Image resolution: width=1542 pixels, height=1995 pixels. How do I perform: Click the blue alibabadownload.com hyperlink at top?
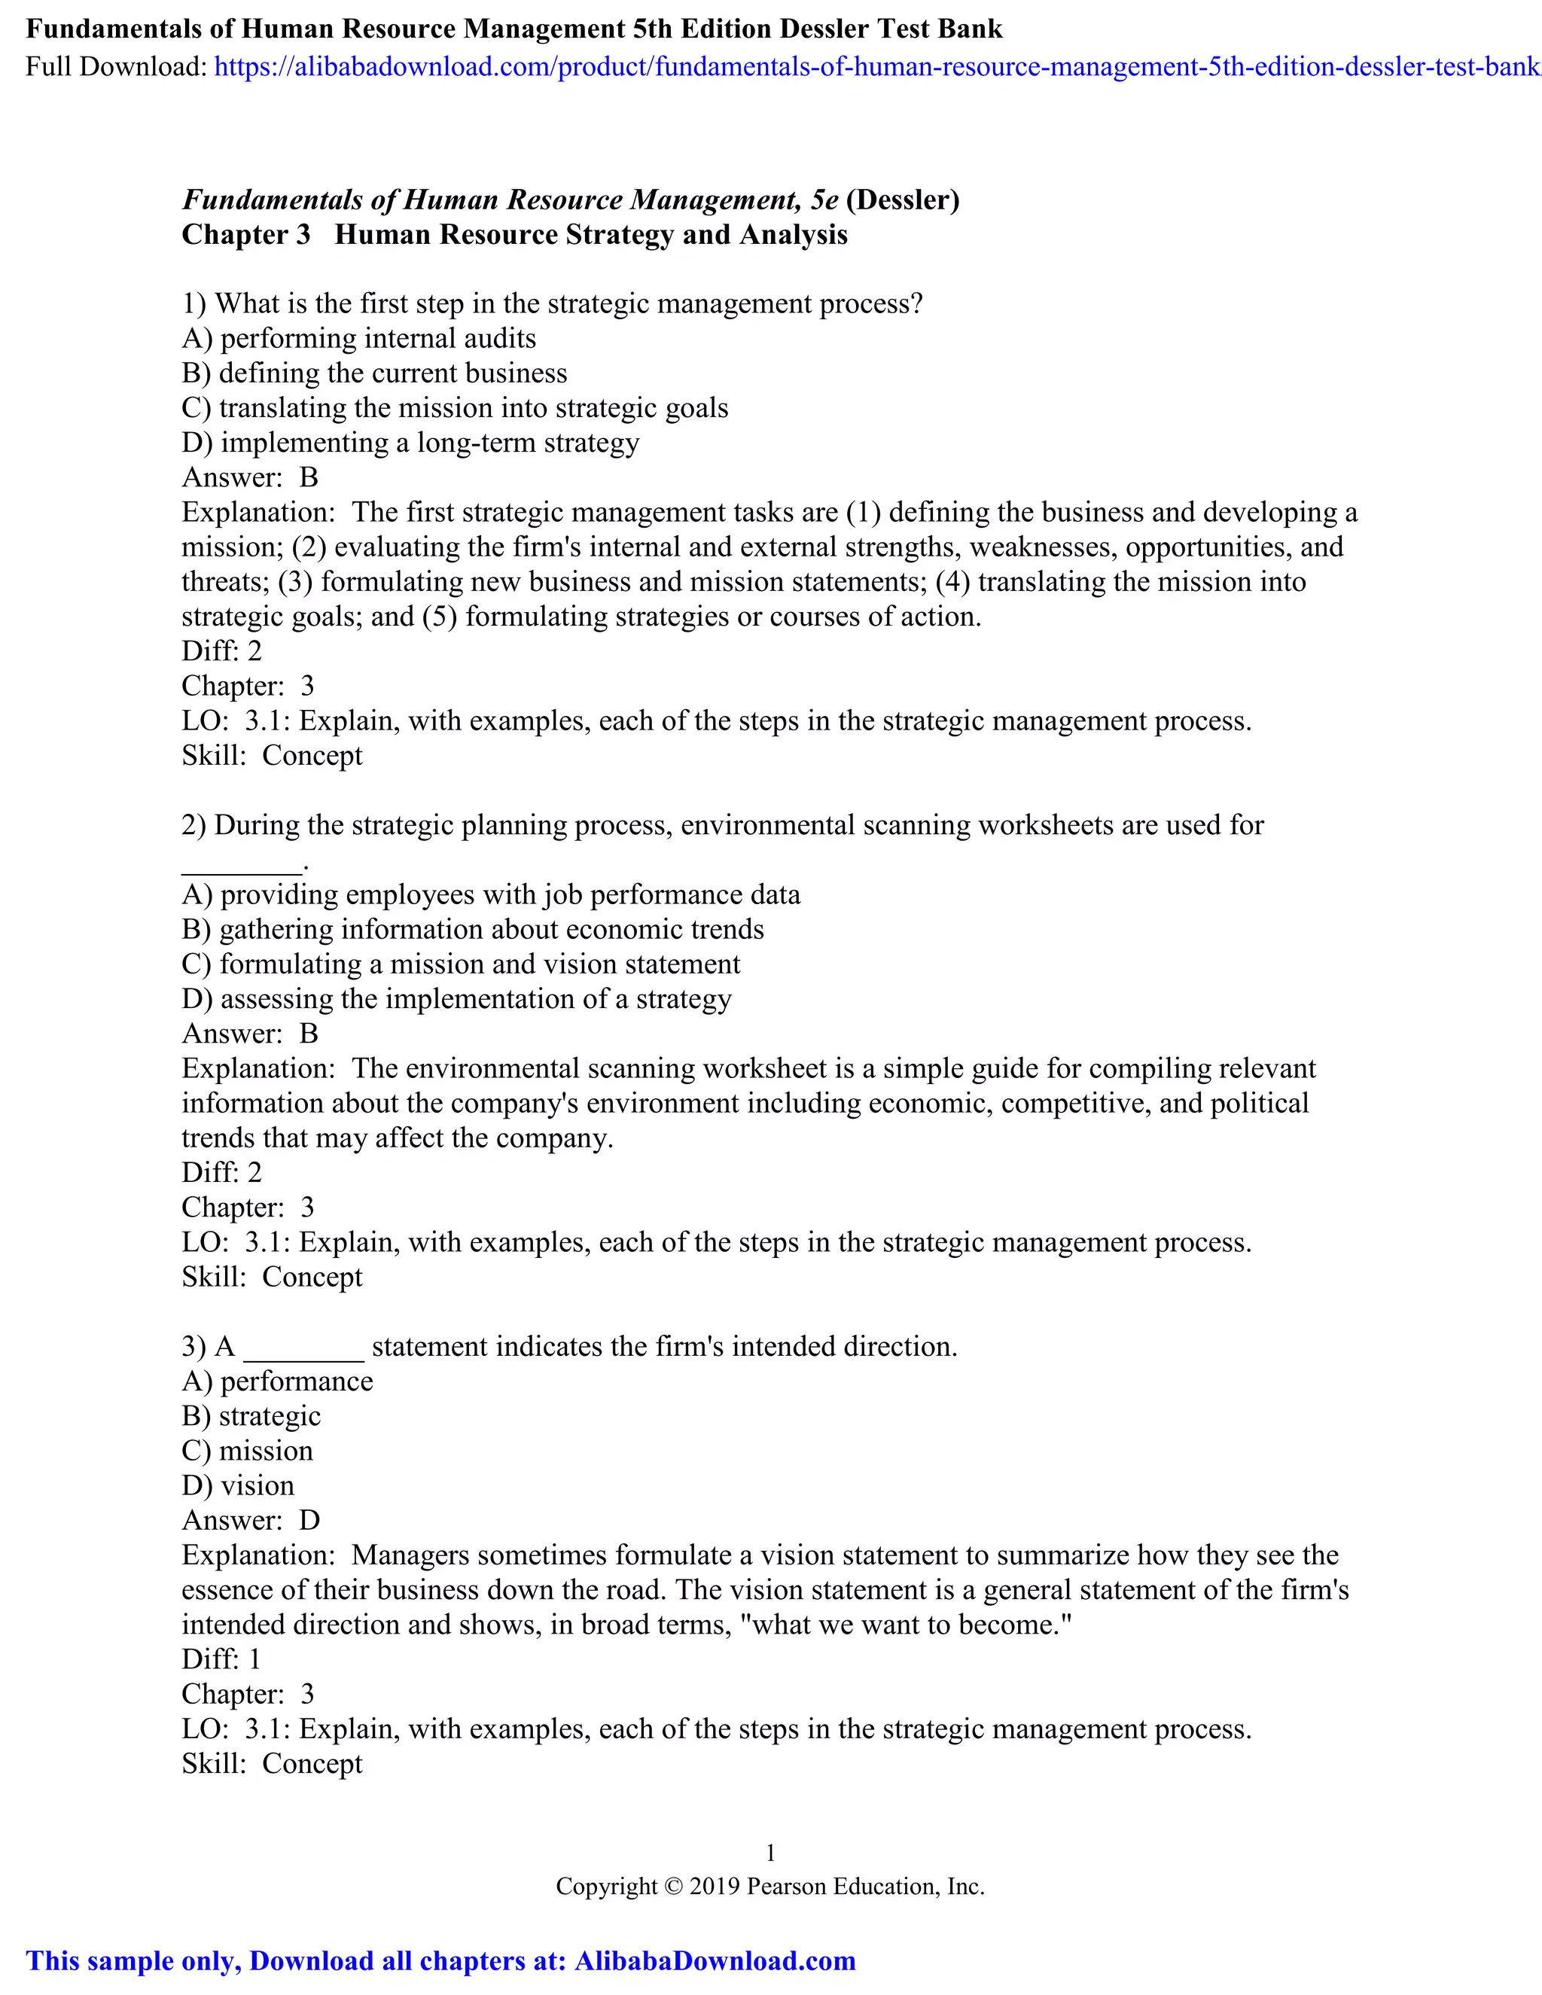click(877, 67)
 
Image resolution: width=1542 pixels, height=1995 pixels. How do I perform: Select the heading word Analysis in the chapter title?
click(793, 235)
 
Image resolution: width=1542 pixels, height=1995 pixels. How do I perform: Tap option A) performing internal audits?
click(359, 339)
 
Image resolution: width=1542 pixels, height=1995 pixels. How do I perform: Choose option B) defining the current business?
click(374, 373)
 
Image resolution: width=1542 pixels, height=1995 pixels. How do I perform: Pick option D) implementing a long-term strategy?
click(410, 443)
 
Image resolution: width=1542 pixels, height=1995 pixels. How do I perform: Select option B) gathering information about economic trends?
click(472, 930)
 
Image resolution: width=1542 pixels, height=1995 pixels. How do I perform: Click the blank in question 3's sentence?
click(303, 1348)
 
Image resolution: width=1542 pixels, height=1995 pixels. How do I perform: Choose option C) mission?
click(248, 1451)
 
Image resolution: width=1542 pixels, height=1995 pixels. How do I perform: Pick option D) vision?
click(239, 1486)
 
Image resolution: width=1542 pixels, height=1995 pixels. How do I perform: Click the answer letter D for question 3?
click(309, 1521)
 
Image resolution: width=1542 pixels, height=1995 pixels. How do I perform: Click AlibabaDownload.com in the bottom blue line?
click(715, 1961)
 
